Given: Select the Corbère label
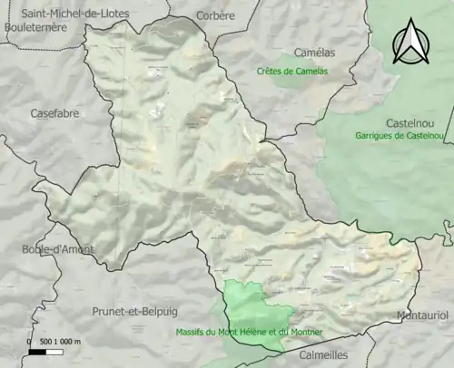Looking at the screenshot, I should pyautogui.click(x=214, y=15).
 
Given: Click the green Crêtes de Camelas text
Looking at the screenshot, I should pyautogui.click(x=291, y=71).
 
